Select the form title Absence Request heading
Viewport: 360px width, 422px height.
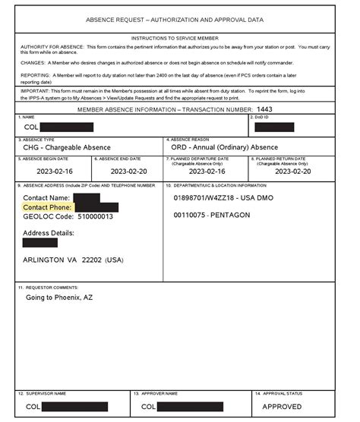tap(180, 19)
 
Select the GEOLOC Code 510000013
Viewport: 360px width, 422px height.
tap(68, 216)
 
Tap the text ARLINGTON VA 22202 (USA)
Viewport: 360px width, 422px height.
tap(73, 260)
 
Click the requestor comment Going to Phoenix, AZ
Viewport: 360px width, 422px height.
tap(58, 298)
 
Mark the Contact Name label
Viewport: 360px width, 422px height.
tap(47, 198)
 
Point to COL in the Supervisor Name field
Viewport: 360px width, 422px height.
tap(32, 407)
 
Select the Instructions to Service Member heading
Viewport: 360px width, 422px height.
tap(179, 37)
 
